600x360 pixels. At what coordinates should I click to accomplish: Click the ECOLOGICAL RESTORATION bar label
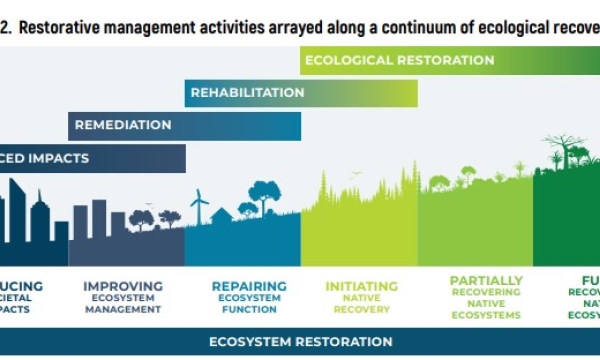pos(399,60)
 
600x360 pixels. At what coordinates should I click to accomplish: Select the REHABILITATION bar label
pos(247,92)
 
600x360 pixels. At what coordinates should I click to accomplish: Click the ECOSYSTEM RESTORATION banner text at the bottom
pos(300,341)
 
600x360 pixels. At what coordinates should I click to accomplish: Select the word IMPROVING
pos(122,286)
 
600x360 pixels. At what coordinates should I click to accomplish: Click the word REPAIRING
pos(249,286)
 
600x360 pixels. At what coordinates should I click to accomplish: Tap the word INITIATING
pos(362,286)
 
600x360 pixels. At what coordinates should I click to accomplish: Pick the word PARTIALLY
pos(486,281)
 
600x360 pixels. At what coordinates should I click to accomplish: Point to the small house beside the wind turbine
pos(221,215)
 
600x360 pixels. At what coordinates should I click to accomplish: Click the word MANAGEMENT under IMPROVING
pos(122,310)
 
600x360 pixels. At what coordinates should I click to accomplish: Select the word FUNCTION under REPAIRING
pos(249,310)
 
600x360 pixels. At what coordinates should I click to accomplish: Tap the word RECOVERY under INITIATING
pos(362,310)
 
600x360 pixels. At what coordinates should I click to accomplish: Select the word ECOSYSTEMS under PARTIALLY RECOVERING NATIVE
pos(486,316)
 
